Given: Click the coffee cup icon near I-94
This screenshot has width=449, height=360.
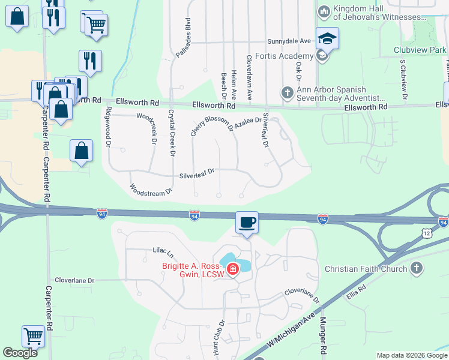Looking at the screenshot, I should pyautogui.click(x=247, y=223).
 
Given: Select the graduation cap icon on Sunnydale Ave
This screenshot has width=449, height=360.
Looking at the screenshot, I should pyautogui.click(x=327, y=38).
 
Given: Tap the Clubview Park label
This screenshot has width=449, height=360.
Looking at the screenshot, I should pyautogui.click(x=420, y=49).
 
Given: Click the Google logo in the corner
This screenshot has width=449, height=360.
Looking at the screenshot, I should pyautogui.click(x=20, y=353).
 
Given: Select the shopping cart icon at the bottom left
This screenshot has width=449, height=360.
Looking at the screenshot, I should pyautogui.click(x=33, y=337).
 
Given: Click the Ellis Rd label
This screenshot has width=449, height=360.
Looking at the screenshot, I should pyautogui.click(x=355, y=295).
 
